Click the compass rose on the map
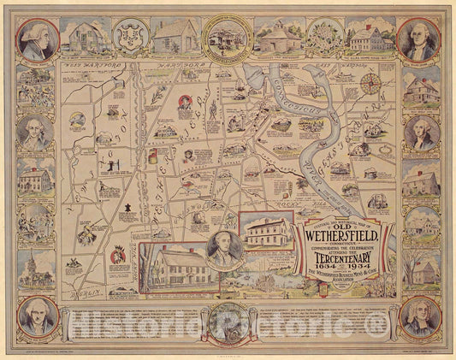click(370, 83)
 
